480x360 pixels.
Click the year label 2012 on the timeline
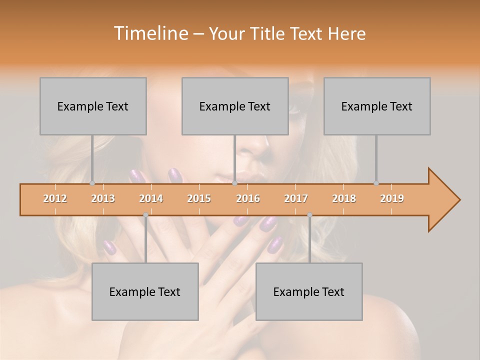coord(55,198)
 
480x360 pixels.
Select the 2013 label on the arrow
coord(103,198)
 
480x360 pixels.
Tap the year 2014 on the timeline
coord(151,198)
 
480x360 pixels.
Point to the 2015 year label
coord(199,198)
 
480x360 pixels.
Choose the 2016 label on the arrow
coord(248,198)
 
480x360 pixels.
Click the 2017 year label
coord(296,198)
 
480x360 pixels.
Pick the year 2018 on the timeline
coord(344,198)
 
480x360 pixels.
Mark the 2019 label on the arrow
coord(392,198)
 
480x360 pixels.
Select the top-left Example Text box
coord(93,106)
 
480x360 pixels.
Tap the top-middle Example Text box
coord(235,106)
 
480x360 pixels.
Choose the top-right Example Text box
coord(377,106)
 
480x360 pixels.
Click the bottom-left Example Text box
coord(145,291)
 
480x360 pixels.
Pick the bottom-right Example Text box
coord(309,291)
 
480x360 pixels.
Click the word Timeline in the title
coord(150,33)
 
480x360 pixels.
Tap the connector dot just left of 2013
coord(92,183)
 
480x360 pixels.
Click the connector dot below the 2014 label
coord(145,215)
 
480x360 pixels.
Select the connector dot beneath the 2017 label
coord(309,215)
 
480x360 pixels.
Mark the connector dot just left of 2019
coord(376,183)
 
